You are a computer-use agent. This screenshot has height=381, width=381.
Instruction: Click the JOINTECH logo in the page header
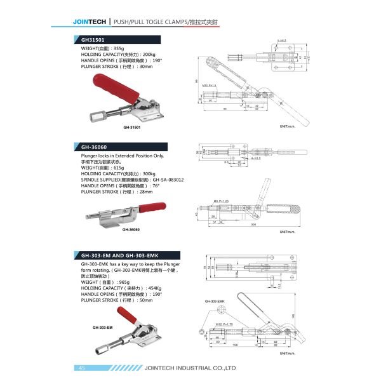[90, 22]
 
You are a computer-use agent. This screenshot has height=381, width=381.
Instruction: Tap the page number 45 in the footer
[82, 368]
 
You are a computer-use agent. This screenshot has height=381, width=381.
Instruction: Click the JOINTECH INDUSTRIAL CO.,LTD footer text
[190, 368]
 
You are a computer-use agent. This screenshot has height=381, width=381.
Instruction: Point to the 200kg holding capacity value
[149, 54]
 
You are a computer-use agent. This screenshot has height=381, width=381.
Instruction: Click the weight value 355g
[119, 48]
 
